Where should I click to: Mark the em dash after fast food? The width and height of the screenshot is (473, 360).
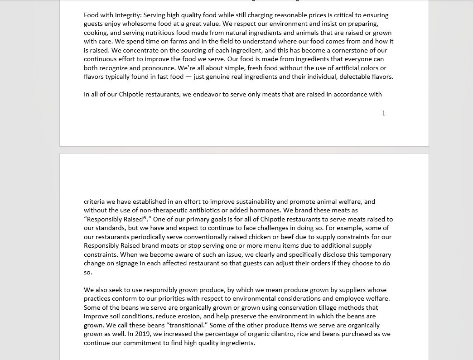[x=188, y=77]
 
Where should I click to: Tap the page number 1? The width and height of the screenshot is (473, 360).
[x=383, y=113]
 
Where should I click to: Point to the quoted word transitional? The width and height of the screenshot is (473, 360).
[x=186, y=325]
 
